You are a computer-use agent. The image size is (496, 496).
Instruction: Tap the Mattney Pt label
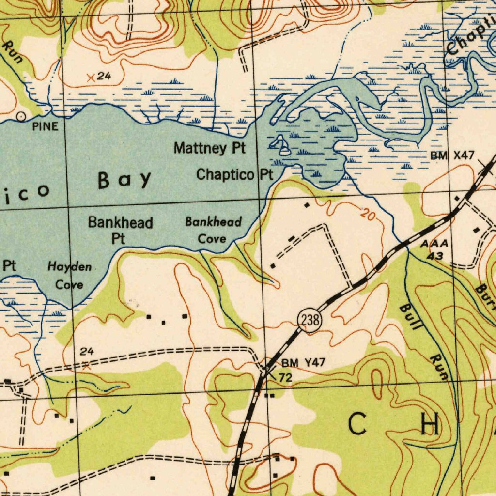click(210, 148)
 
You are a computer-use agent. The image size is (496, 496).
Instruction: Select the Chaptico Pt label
click(235, 174)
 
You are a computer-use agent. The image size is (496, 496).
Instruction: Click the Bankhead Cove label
click(213, 230)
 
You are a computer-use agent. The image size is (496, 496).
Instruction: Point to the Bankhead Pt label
click(120, 230)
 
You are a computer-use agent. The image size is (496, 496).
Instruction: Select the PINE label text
click(45, 127)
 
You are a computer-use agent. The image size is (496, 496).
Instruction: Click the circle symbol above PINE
click(21, 116)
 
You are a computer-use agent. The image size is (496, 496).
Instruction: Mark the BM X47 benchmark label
click(452, 155)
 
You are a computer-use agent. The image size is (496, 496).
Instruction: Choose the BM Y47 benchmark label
click(304, 363)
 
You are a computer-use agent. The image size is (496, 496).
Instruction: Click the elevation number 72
click(285, 377)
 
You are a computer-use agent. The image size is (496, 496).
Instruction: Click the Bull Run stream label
click(422, 339)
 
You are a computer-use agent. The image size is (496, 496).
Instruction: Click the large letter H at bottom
click(430, 425)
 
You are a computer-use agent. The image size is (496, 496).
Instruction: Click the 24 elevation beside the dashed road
click(87, 352)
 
